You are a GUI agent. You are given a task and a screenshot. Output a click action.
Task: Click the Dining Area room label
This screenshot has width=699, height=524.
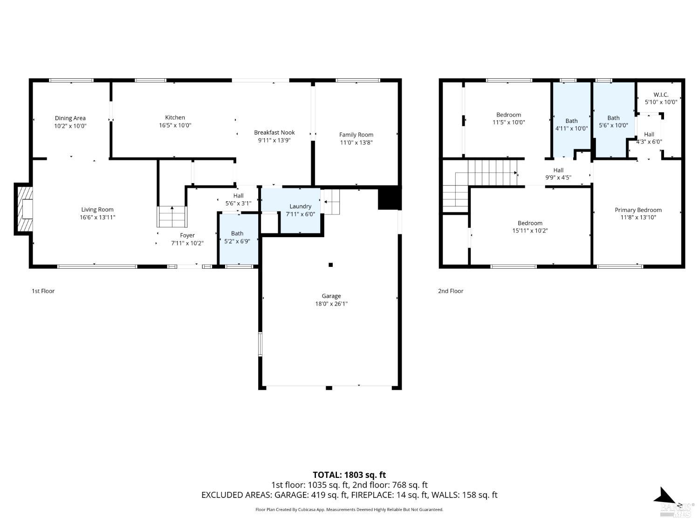click(70, 118)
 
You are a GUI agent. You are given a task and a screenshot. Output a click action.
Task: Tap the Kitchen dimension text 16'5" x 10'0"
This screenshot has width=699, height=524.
click(175, 125)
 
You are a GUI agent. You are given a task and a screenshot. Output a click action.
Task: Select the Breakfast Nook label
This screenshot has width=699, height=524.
click(274, 133)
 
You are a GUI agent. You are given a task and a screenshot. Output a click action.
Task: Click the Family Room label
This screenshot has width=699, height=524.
click(356, 135)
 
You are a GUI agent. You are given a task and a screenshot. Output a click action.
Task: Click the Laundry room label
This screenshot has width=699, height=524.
click(300, 206)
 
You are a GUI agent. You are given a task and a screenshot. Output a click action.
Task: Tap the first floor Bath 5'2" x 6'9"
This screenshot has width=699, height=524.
click(237, 237)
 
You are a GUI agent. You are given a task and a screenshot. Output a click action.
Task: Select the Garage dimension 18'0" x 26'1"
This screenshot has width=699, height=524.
click(331, 304)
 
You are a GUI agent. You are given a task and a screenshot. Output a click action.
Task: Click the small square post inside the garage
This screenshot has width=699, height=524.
click(330, 265)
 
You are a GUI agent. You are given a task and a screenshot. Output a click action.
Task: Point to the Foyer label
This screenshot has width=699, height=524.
click(187, 235)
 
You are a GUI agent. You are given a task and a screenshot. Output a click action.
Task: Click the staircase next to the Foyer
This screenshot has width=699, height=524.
click(172, 217)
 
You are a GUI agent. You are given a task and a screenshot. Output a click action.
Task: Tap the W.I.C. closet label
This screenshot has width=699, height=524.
click(661, 95)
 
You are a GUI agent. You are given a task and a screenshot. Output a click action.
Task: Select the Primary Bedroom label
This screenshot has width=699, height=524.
click(638, 210)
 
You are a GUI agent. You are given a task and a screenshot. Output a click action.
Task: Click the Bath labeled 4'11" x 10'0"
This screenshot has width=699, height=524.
click(571, 125)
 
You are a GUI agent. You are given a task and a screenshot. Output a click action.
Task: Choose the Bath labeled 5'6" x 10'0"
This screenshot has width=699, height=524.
click(613, 122)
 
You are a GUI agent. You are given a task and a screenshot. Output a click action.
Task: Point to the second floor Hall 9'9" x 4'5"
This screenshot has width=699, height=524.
click(558, 174)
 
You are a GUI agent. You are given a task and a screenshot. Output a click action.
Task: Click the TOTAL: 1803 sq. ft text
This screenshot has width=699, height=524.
click(349, 475)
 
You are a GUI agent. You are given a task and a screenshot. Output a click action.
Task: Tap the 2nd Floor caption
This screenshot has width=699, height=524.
click(450, 291)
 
